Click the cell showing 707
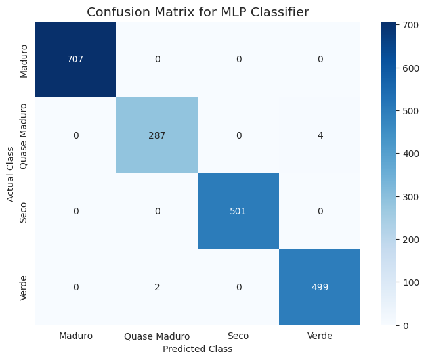(x=75, y=59)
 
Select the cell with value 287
(x=156, y=135)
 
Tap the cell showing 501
(x=238, y=212)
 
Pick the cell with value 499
(x=319, y=287)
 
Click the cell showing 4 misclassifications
(x=319, y=135)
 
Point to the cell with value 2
(x=156, y=287)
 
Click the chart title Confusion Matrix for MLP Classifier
(x=198, y=12)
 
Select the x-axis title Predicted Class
(x=198, y=349)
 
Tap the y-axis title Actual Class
(x=11, y=173)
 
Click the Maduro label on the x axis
(x=75, y=336)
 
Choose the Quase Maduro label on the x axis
(x=156, y=336)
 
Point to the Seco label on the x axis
(x=238, y=336)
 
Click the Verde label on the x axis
(x=319, y=336)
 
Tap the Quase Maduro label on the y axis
(x=24, y=135)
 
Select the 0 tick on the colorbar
(x=406, y=325)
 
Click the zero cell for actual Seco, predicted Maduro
(x=75, y=212)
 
